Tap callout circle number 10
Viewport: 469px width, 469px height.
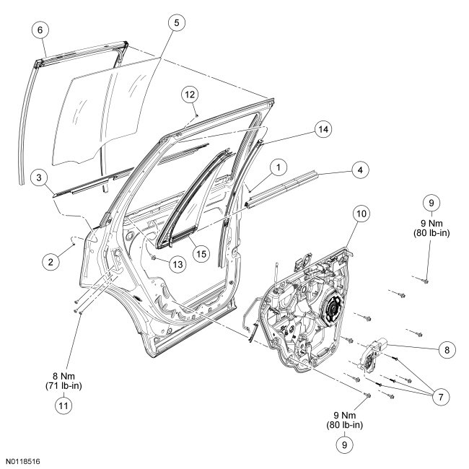click(x=361, y=214)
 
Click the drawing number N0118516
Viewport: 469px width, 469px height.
click(x=24, y=460)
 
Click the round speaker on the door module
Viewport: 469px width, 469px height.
click(x=335, y=311)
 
